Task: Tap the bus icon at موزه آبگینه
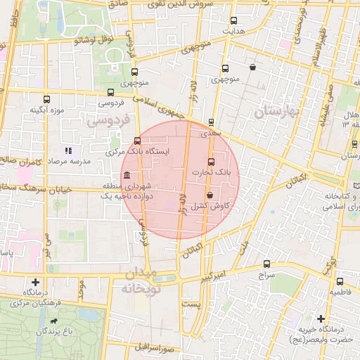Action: click(47, 99)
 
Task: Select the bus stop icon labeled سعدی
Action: click(212, 122)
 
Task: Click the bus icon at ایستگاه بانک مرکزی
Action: click(137, 141)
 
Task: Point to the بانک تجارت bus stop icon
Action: click(212, 162)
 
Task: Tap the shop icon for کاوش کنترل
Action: click(210, 195)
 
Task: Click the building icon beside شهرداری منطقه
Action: click(127, 175)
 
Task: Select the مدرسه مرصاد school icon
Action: click(68, 150)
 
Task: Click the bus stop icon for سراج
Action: click(266, 264)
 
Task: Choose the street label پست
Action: click(191, 304)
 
